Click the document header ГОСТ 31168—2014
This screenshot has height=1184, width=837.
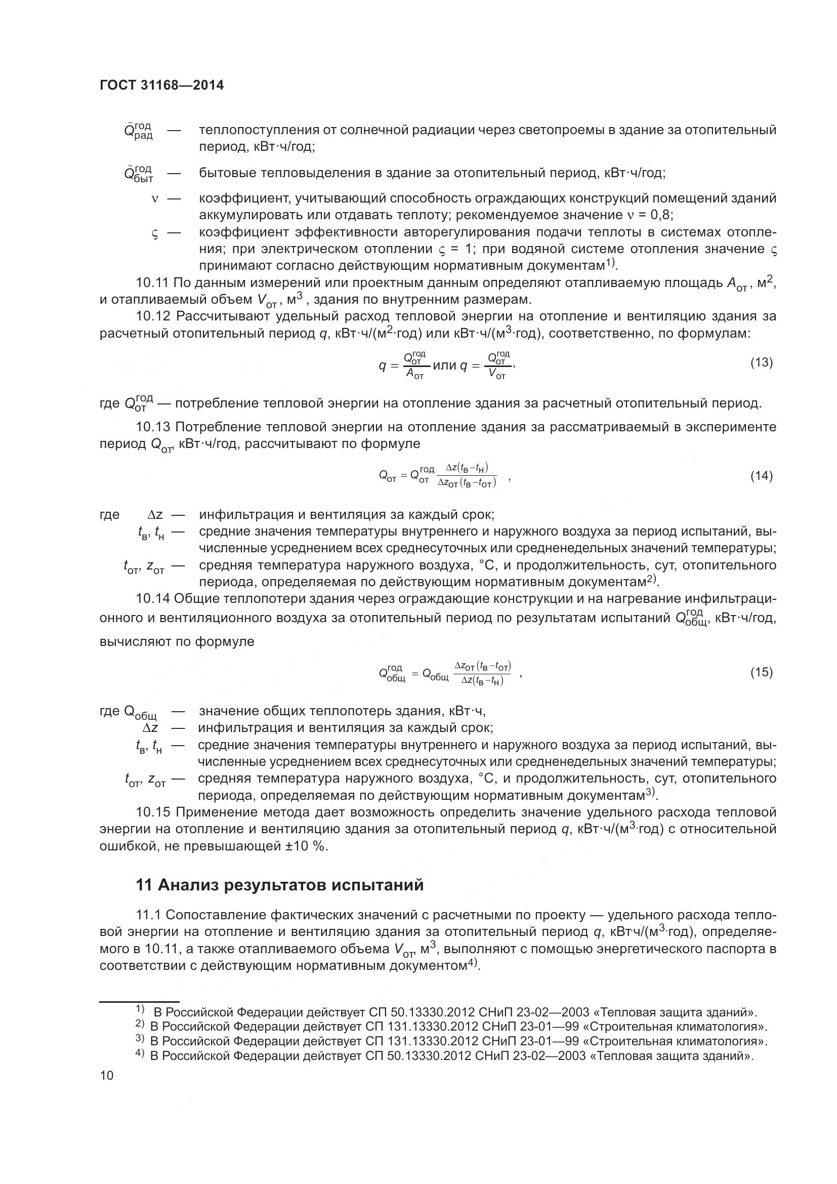pyautogui.click(x=161, y=86)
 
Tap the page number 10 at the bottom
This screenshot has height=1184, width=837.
pyautogui.click(x=107, y=1076)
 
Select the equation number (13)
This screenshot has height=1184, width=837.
pyautogui.click(x=761, y=362)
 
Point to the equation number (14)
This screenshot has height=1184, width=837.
pyautogui.click(x=761, y=475)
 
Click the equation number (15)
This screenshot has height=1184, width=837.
pyautogui.click(x=761, y=672)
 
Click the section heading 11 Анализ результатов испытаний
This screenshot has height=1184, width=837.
pyautogui.click(x=279, y=885)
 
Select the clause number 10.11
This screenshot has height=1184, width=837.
pyautogui.click(x=152, y=282)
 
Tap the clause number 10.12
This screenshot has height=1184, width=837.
pyautogui.click(x=152, y=316)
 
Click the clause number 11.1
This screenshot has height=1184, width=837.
pyautogui.click(x=149, y=915)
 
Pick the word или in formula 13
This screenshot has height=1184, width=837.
pyautogui.click(x=444, y=365)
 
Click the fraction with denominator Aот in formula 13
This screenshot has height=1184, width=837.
pyautogui.click(x=415, y=365)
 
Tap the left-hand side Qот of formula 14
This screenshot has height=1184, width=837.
pyautogui.click(x=387, y=476)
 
